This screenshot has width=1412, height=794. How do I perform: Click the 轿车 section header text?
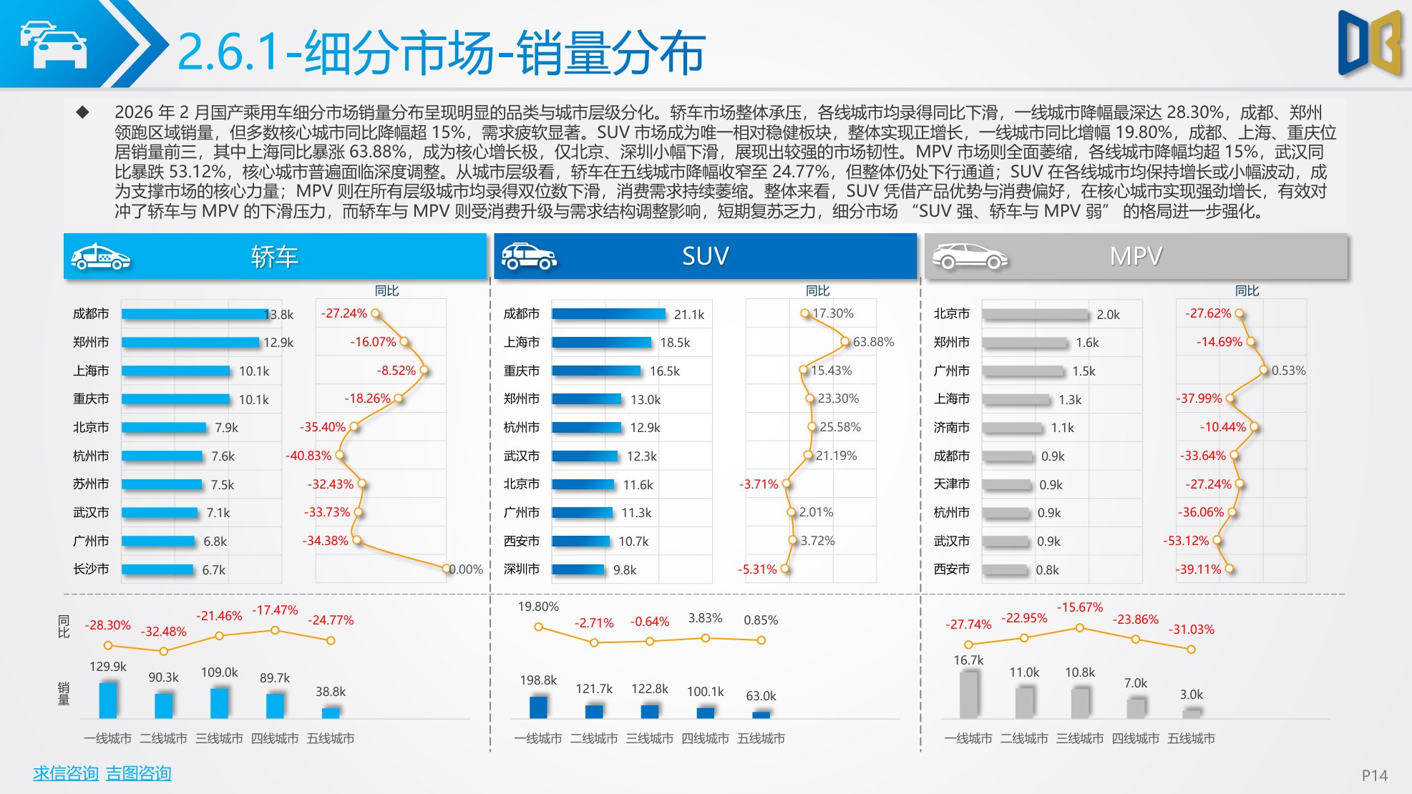(274, 256)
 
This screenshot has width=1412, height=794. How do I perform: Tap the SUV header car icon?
(528, 256)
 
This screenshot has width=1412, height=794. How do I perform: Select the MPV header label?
(1136, 256)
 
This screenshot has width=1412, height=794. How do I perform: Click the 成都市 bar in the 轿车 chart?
(195, 314)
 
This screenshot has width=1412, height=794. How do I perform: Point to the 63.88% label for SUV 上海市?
(873, 342)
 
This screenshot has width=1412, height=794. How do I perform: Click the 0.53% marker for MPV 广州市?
(1264, 371)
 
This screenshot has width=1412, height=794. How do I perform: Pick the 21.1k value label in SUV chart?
(688, 315)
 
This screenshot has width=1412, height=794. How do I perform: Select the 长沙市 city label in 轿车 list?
(91, 569)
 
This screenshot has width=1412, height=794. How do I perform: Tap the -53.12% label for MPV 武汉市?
(1185, 541)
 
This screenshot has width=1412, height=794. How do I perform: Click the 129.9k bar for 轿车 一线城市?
(108, 700)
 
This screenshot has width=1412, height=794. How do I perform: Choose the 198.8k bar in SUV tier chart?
(538, 706)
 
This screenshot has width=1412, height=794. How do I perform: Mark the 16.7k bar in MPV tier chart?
(968, 694)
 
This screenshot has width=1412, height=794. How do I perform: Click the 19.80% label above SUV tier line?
(538, 607)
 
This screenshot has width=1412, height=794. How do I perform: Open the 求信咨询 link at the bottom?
(66, 773)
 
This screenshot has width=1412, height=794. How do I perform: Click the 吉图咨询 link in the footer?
(139, 773)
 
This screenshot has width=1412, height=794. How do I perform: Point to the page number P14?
(1374, 775)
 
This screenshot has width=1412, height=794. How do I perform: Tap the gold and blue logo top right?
(1369, 43)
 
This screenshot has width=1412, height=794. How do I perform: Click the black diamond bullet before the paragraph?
(83, 112)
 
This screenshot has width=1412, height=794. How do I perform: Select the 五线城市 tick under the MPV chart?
(1191, 738)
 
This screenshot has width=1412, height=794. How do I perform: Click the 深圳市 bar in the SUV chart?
(578, 569)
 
